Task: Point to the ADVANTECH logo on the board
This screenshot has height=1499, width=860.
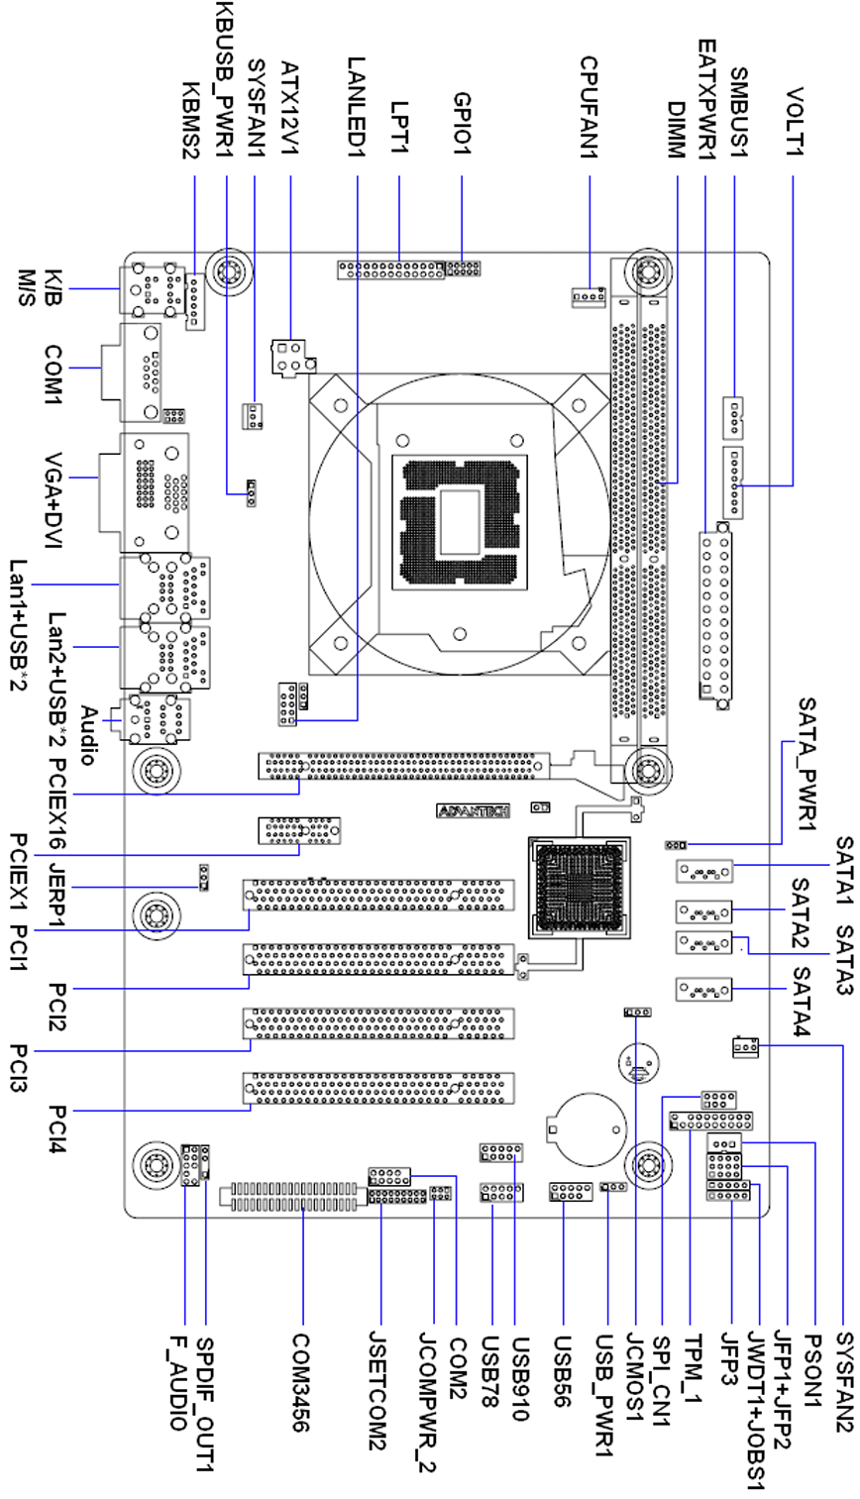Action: (474, 810)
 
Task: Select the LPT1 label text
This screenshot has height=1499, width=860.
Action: (399, 125)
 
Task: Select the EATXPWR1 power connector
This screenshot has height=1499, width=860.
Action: (715, 615)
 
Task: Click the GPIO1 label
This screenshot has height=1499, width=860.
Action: (462, 123)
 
